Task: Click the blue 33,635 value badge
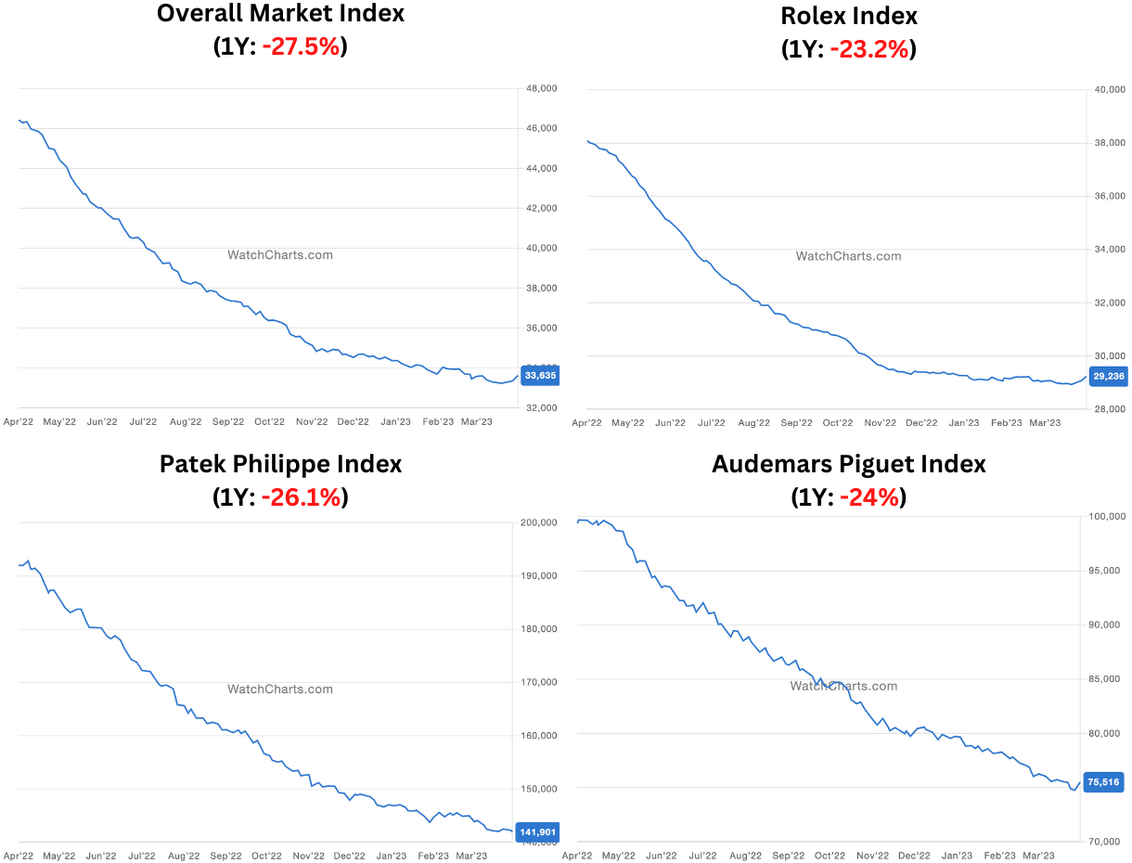540,375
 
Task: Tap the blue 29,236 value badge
1108,377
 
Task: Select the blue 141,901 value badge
537,832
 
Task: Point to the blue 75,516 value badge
1103,782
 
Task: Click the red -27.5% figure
302,46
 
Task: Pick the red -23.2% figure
869,49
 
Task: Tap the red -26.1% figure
302,497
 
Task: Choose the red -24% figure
869,497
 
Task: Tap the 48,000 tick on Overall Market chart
541,89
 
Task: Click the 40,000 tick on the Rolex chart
1110,90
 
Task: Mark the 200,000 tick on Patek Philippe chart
538,522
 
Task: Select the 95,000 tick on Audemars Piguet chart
1104,571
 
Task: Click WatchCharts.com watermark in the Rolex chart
848,256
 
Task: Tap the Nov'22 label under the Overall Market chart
312,421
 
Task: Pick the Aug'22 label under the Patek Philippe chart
184,856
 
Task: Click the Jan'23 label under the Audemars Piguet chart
957,856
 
